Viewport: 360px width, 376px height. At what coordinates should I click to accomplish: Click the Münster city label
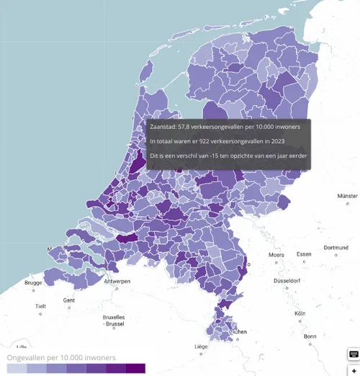[x=347, y=196]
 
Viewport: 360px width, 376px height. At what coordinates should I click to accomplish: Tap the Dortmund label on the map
[x=336, y=248]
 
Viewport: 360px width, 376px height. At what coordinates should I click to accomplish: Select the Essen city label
[x=304, y=254]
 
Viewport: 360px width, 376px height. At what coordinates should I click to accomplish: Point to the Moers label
[x=276, y=254]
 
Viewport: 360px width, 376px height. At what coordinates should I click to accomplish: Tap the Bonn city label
[x=310, y=336]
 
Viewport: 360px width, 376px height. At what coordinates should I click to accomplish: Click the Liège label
[x=202, y=346]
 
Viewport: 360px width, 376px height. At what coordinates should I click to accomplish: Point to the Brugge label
[x=33, y=283]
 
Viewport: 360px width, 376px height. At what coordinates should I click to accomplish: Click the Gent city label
[x=68, y=300]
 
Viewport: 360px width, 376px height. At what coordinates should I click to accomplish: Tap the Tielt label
[x=40, y=306]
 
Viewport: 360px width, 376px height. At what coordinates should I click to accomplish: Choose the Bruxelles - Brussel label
[x=114, y=321]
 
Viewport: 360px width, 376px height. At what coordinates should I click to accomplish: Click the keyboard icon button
[x=354, y=354]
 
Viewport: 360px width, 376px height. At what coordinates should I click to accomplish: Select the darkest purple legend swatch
[x=135, y=368]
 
